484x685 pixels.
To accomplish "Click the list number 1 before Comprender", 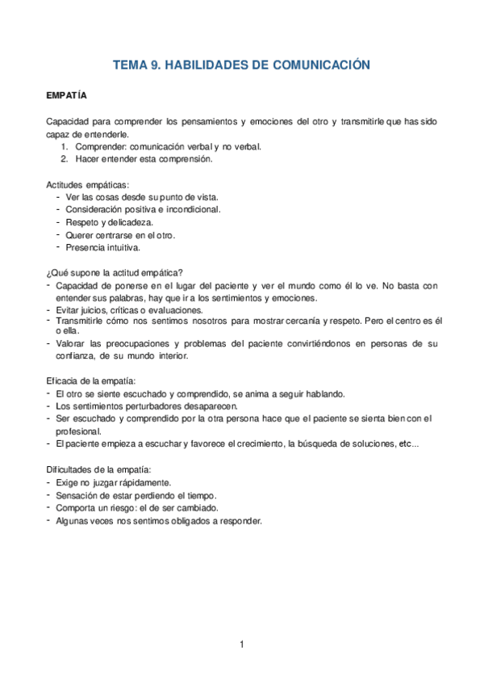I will pyautogui.click(x=64, y=147).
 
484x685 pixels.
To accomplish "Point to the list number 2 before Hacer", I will pyautogui.click(x=64, y=159).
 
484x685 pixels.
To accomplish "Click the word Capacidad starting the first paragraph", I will pyautogui.click(x=69, y=121).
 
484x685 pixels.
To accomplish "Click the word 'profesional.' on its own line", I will pyautogui.click(x=78, y=431).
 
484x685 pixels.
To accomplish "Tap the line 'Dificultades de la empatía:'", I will pyautogui.click(x=98, y=469).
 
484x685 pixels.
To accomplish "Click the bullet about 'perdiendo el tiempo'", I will pyautogui.click(x=136, y=495).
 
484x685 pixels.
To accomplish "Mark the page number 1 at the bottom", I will pyautogui.click(x=241, y=644).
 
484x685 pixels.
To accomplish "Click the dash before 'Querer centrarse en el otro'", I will pyautogui.click(x=58, y=234).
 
